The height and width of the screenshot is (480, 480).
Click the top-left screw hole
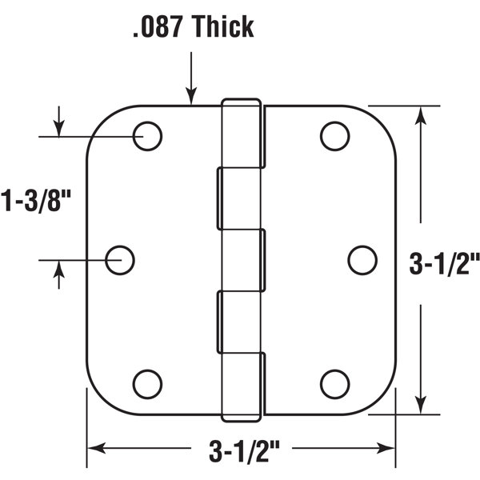point(148,136)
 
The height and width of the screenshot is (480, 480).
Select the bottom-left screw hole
point(148,384)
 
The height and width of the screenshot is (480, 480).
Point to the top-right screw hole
point(334,136)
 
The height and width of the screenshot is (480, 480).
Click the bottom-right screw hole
point(334,384)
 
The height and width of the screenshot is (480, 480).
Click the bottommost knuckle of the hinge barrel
point(242,386)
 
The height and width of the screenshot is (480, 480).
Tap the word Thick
point(221,26)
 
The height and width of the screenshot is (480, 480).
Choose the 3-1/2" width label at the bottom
point(240,452)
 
